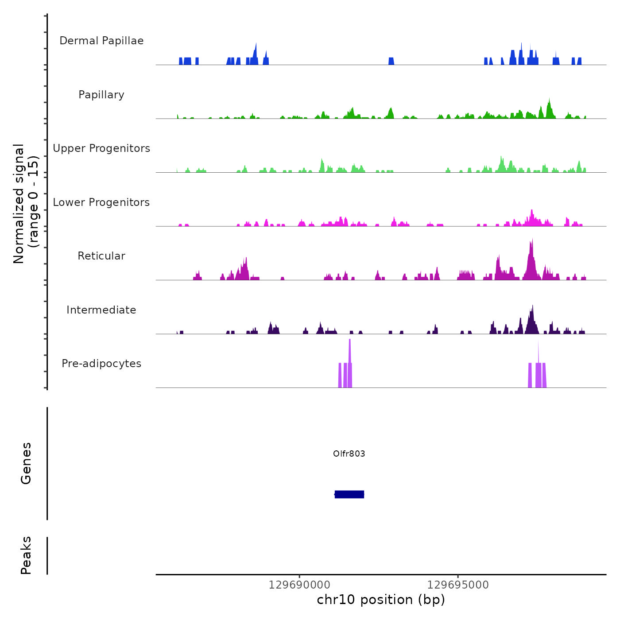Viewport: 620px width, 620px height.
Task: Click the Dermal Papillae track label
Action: coord(101,41)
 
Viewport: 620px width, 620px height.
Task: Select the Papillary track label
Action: coord(101,95)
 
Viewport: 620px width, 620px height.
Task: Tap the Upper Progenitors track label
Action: coord(101,148)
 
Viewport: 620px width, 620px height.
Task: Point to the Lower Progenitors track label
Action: coord(101,202)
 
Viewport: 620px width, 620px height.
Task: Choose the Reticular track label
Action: coord(101,256)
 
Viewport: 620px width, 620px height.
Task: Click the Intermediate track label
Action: coord(101,310)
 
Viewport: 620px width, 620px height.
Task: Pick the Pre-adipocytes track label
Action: coord(101,364)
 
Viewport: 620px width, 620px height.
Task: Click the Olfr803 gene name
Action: coord(349,453)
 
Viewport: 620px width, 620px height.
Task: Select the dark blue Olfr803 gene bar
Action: coord(349,494)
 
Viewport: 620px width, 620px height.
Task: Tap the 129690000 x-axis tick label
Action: coord(299,585)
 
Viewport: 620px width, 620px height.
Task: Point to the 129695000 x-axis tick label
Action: coord(458,585)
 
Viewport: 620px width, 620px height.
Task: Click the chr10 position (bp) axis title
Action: coord(381,600)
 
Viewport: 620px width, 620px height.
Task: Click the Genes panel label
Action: coord(26,463)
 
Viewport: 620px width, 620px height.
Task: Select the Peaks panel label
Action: coord(26,555)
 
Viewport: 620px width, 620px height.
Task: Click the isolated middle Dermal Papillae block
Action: coord(391,61)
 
